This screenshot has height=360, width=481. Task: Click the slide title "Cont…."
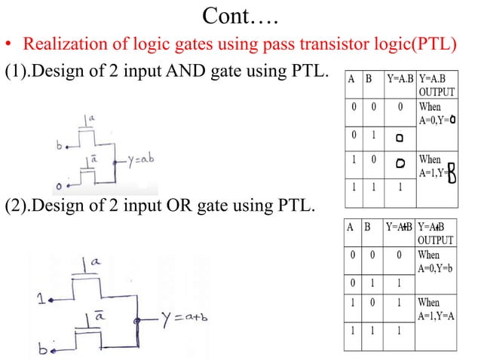[240, 17]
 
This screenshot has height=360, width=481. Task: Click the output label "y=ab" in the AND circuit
[140, 160]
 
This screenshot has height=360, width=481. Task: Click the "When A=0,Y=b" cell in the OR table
[436, 261]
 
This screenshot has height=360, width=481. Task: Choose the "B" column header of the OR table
[366, 227]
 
